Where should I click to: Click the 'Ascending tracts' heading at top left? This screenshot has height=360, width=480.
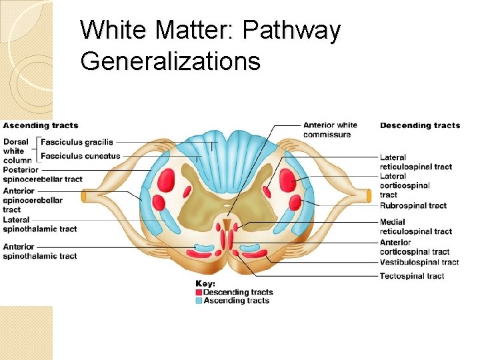41,125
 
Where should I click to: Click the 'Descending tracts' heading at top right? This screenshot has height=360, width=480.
420,125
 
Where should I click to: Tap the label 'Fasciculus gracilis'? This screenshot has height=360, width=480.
77,142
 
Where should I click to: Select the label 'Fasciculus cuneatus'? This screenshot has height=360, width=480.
80,156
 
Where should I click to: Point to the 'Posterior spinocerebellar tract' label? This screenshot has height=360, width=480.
43,175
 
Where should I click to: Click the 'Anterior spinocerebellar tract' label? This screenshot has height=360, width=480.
33,200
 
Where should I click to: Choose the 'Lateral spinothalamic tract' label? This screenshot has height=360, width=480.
40,224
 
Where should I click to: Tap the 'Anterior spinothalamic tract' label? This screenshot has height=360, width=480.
40,251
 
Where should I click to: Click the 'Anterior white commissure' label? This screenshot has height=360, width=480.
330,129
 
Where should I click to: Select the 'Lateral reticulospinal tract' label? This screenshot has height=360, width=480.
415,162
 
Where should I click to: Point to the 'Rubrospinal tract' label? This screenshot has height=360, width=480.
413,205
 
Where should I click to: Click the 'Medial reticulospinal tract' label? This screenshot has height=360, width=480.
415,227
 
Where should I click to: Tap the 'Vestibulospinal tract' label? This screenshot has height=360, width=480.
419,262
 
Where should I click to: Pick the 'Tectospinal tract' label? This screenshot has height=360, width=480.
412,276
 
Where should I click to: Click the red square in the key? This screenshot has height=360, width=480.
199,292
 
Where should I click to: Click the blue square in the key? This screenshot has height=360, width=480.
199,301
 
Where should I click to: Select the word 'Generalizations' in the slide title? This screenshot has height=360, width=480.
170,61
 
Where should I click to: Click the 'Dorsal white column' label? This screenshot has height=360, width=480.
17,151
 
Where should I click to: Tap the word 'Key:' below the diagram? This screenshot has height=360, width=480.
205,283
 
